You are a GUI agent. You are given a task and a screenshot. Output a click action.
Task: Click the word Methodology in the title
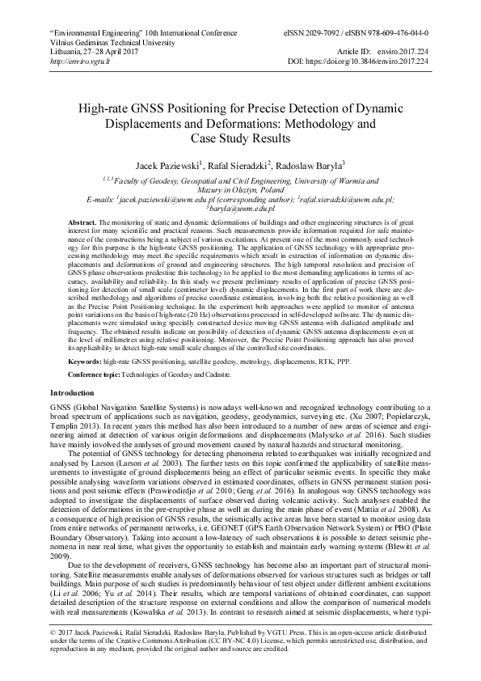pos(334,125)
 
